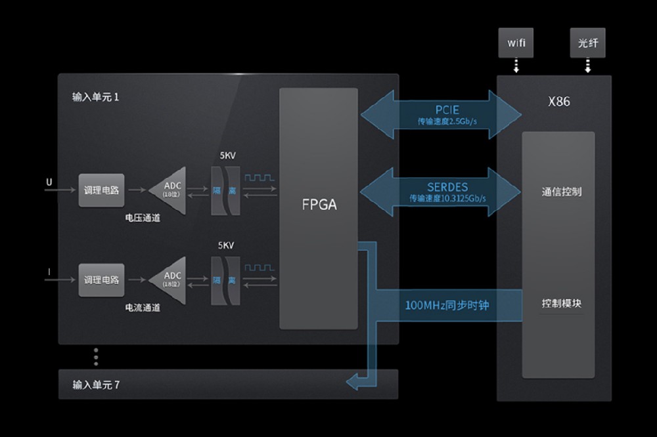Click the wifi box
(516, 43)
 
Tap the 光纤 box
(587, 43)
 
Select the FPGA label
(319, 204)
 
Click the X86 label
(559, 101)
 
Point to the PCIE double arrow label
(447, 110)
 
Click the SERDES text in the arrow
(447, 187)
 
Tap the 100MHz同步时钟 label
(447, 305)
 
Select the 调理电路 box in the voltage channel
(101, 190)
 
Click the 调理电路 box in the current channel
(101, 280)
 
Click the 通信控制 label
(562, 192)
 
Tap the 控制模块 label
(562, 303)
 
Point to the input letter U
(49, 182)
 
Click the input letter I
(49, 272)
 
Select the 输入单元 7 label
(96, 385)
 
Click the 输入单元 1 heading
(95, 97)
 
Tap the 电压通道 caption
(143, 218)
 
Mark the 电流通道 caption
(143, 308)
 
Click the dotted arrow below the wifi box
(516, 66)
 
